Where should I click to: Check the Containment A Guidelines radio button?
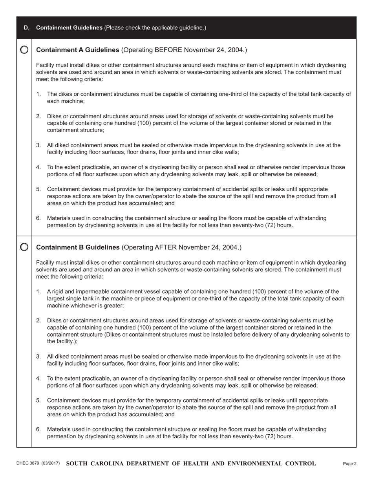pyautogui.click(x=24, y=50)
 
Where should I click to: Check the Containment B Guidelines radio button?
pyautogui.click(x=24, y=247)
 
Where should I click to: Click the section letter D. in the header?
pyautogui.click(x=26, y=27)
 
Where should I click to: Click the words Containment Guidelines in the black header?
pyautogui.click(x=69, y=27)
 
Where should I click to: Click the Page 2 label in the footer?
pyautogui.click(x=349, y=464)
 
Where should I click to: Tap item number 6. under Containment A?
pyautogui.click(x=38, y=218)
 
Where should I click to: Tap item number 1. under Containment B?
pyautogui.click(x=38, y=291)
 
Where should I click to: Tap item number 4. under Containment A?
pyautogui.click(x=38, y=167)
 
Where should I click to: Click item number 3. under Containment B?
pyautogui.click(x=38, y=357)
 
